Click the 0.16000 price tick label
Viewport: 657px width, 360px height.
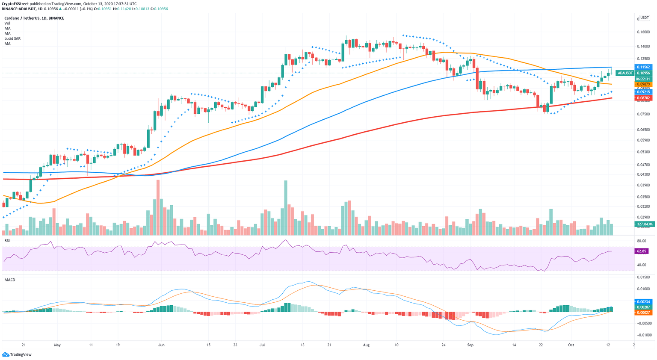(x=643, y=32)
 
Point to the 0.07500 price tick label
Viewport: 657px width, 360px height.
(x=643, y=114)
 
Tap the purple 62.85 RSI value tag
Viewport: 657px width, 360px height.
(x=641, y=251)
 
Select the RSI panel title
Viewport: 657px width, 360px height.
(x=7, y=241)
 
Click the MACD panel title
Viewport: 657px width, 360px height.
(x=9, y=280)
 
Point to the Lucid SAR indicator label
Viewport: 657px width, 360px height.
(x=12, y=38)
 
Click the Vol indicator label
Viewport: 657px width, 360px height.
(x=7, y=23)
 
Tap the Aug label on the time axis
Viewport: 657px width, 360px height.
(x=366, y=345)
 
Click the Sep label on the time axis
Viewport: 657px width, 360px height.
(x=471, y=345)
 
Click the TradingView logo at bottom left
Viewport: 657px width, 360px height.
(x=17, y=354)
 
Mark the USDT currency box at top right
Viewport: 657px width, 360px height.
(x=644, y=18)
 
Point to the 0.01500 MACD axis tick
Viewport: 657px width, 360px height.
(x=643, y=277)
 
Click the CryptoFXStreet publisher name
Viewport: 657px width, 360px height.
(x=15, y=3)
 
